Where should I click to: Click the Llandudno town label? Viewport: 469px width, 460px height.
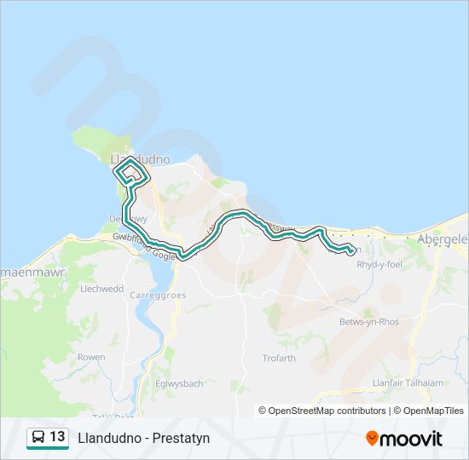(141, 159)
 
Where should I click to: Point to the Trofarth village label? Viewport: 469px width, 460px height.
(279, 358)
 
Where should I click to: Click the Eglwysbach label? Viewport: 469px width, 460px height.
(179, 383)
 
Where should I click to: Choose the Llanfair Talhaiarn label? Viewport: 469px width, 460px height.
(408, 382)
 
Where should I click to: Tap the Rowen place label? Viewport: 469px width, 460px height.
(91, 357)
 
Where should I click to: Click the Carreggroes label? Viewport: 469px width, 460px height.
(158, 295)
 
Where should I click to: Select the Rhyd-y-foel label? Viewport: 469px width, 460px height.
(379, 265)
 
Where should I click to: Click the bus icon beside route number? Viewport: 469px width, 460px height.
(38, 438)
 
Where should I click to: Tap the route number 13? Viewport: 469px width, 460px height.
(57, 438)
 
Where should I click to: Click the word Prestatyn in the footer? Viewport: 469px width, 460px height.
(178, 439)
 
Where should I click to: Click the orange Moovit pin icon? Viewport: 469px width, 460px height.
(372, 439)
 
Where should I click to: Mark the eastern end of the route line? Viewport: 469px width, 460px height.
(350, 250)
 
